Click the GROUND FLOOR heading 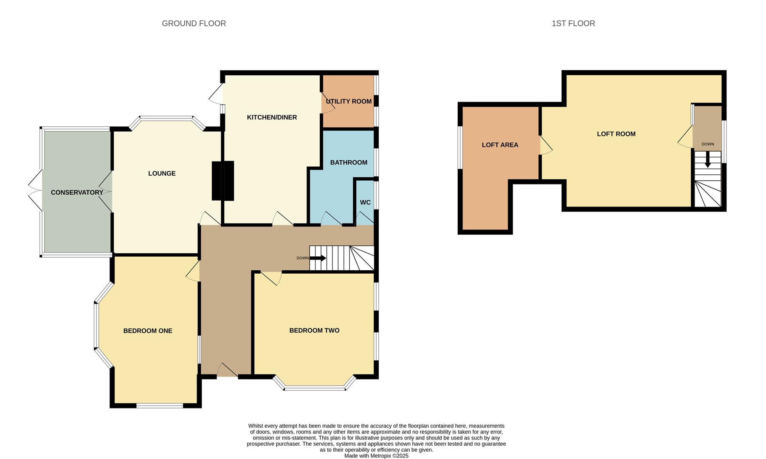coord(194,23)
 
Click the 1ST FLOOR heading coord(573,23)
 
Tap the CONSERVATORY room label coord(77,193)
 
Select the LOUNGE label coord(162,173)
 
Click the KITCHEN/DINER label coord(272,117)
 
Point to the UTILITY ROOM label coord(349,102)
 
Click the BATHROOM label coord(349,162)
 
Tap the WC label coord(365,202)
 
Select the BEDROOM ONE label coord(148,331)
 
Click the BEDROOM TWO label coord(314,330)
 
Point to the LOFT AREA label coord(500,145)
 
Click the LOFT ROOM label coord(616,134)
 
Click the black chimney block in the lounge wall coord(223,181)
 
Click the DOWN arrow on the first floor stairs coord(707,160)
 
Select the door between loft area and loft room coord(545,145)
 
